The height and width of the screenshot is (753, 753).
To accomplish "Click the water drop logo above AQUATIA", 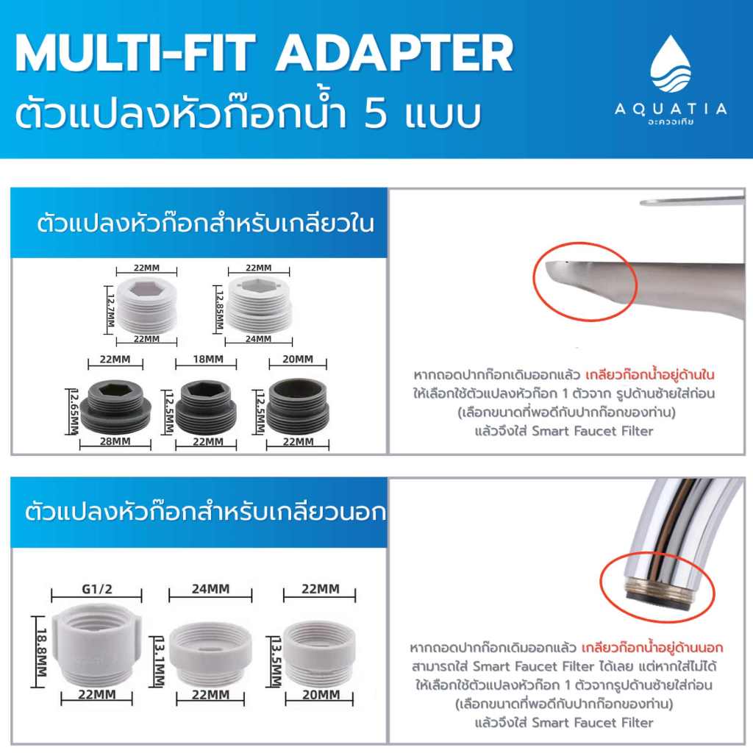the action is [x=671, y=64].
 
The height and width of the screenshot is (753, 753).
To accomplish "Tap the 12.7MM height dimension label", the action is [x=110, y=310].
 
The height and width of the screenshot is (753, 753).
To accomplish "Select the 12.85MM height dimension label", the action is [x=219, y=310].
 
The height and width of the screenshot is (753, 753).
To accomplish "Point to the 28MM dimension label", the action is [x=115, y=441].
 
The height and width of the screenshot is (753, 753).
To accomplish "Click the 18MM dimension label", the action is [x=208, y=359].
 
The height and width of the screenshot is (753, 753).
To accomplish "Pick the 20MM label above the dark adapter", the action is [x=298, y=359].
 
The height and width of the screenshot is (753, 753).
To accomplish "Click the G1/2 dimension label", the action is [x=97, y=589].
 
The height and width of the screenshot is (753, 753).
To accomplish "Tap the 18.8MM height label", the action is [x=41, y=652].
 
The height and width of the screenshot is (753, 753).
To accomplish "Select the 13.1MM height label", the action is [x=160, y=661].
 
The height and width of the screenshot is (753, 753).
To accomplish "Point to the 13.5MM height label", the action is [x=276, y=661].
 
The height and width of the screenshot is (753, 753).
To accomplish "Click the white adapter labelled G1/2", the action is [x=97, y=646].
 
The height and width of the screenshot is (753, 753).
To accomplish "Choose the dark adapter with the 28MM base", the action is [x=115, y=406].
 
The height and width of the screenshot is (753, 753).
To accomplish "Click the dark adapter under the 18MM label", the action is [x=206, y=407].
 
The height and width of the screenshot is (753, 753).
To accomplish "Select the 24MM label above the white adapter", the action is [x=210, y=589].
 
